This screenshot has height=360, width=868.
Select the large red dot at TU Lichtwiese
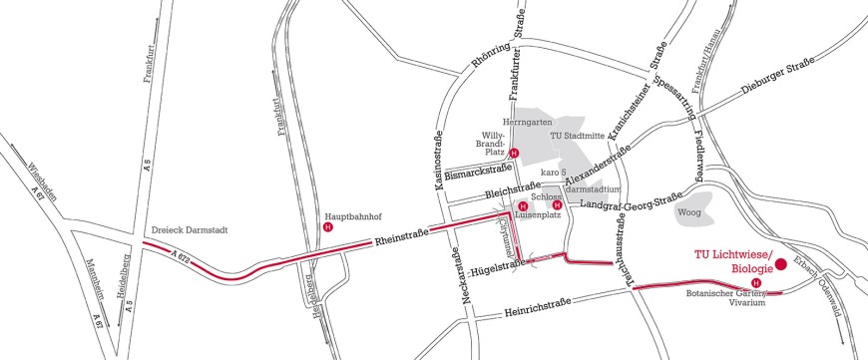tap(782, 264)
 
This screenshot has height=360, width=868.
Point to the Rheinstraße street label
tap(401, 237)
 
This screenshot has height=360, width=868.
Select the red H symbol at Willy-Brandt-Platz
tap(514, 153)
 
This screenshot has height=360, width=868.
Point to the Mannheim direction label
tap(87, 285)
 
